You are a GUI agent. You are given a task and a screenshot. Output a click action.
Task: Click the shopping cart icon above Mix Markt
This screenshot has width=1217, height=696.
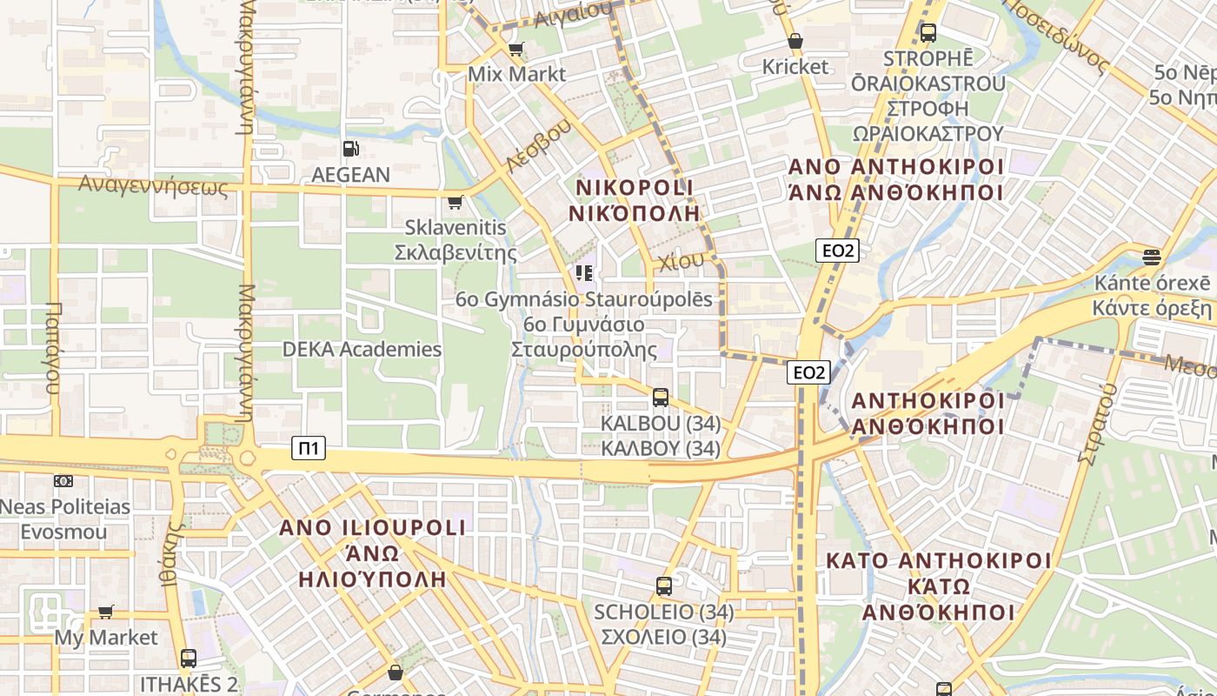coord(515,49)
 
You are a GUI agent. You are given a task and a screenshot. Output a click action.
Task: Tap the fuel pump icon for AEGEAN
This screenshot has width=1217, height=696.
coord(350,149)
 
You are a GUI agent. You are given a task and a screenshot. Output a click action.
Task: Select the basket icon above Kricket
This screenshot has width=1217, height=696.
coord(795,41)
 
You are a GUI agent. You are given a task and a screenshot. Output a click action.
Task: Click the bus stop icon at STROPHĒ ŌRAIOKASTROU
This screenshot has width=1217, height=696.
coord(928,33)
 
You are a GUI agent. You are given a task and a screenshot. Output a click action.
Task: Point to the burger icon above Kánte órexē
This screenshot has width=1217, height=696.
coord(1152,258)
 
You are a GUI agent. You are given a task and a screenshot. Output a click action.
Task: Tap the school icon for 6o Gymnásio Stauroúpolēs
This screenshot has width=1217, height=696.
coord(584,273)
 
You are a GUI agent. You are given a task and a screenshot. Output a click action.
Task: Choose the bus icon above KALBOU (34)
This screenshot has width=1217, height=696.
coord(661,398)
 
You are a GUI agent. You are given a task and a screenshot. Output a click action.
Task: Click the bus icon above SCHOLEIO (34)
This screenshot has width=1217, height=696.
coord(664,586)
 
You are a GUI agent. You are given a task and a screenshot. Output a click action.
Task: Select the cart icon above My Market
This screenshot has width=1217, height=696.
coord(106,612)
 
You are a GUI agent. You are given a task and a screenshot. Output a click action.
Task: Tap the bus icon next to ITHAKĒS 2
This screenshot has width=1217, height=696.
coord(189,659)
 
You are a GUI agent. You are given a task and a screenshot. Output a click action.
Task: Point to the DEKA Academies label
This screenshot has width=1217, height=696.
coord(362,350)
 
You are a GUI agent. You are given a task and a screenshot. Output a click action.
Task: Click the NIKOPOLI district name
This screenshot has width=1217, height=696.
coord(635,188)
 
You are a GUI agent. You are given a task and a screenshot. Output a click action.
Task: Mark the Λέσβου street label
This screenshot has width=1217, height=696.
coord(539,144)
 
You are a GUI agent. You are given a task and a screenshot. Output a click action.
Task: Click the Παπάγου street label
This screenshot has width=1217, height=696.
coord(53,348)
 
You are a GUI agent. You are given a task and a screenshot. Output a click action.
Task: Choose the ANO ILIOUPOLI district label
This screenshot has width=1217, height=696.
coord(372,528)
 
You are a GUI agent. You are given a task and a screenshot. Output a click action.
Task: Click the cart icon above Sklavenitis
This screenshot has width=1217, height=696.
coord(455,203)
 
